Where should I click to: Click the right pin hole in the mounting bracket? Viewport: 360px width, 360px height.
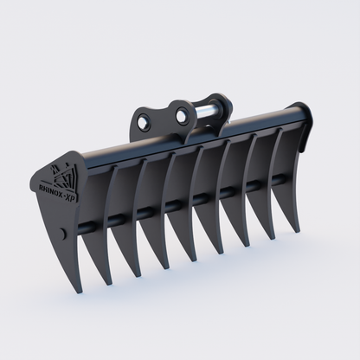181,113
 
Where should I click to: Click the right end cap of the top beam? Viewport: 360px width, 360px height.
304,114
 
